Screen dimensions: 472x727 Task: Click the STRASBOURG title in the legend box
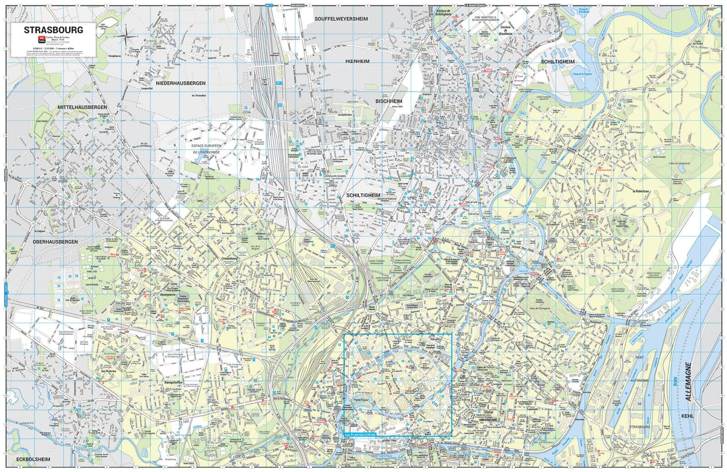tap(53, 30)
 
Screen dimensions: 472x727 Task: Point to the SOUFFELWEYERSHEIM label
tap(341, 19)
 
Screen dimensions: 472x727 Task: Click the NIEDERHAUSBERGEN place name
tap(181, 83)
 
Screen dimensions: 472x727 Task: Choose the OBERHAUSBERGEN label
tap(55, 242)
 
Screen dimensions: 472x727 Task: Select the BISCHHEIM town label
tap(389, 101)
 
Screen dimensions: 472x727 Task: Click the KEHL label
tap(688, 416)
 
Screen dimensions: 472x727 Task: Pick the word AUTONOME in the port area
tap(639, 381)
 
